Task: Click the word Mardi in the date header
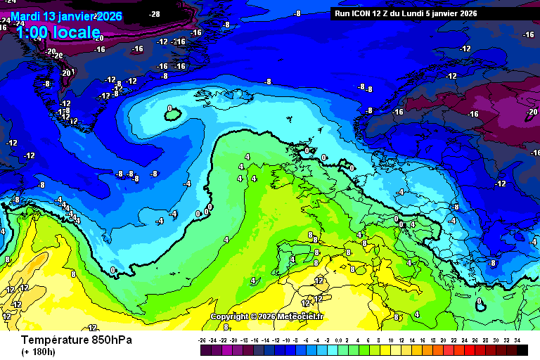pos(25,16)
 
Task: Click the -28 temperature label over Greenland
pos(155,13)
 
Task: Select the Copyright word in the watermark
pos(231,316)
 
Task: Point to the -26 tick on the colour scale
pos(203,340)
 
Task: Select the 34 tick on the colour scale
pos(517,340)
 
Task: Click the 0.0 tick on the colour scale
pos(340,340)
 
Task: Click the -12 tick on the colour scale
pos(276,340)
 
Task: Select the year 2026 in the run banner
pos(467,13)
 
